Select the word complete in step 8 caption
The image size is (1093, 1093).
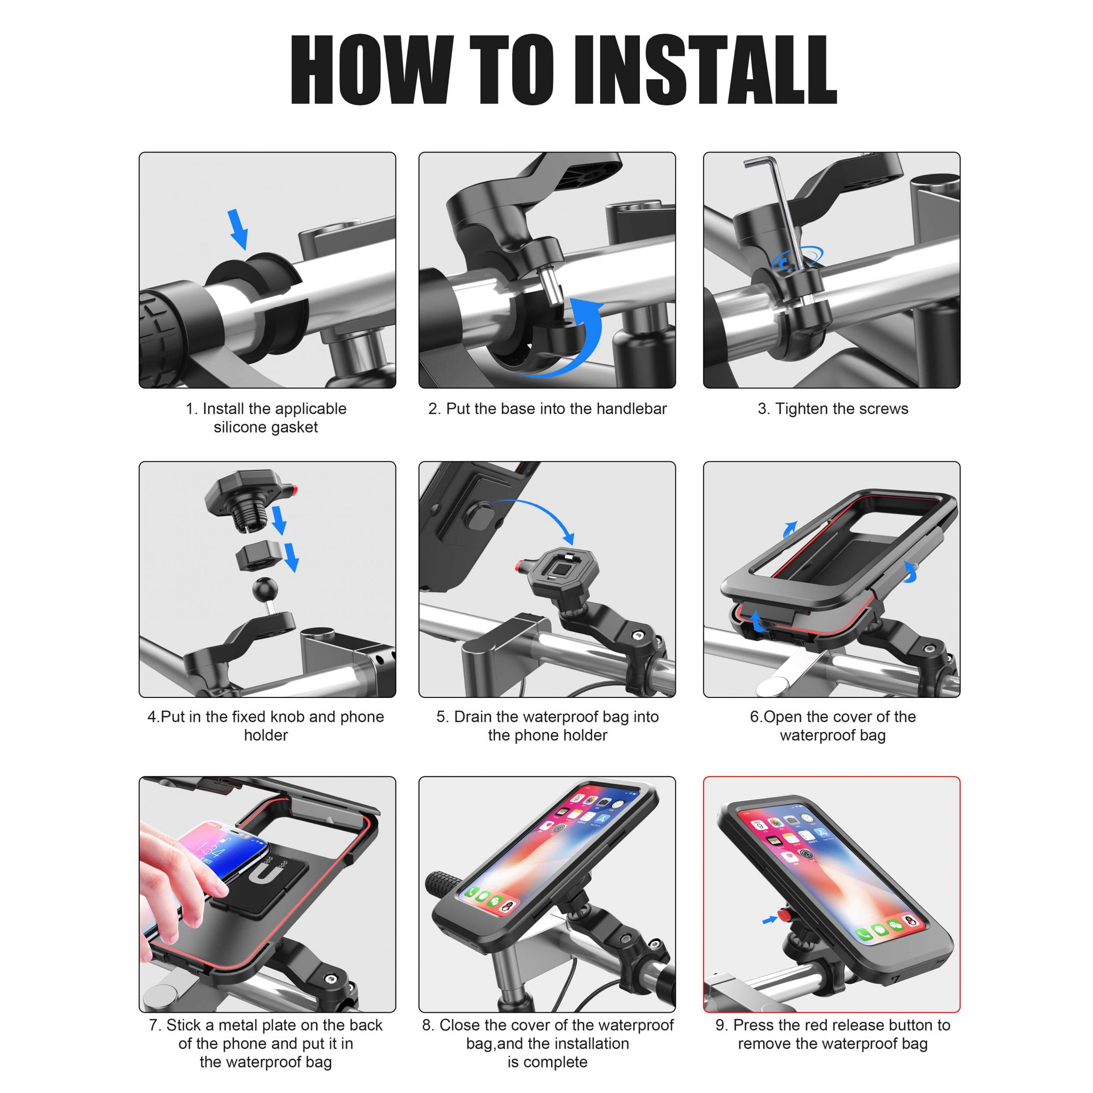coord(557,1063)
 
